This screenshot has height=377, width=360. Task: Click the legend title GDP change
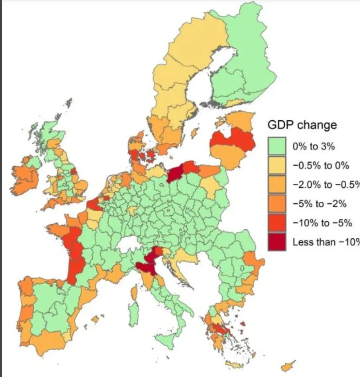click(x=302, y=125)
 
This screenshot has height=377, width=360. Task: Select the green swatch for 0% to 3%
click(x=279, y=146)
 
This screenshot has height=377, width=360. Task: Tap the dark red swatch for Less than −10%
click(x=279, y=242)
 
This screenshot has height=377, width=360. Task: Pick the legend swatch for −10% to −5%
click(x=279, y=223)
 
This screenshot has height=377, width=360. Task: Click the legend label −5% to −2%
click(x=319, y=204)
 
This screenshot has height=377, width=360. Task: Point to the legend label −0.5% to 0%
click(x=320, y=165)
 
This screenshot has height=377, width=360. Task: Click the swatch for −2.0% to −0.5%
click(x=279, y=184)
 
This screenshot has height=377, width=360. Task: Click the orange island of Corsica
click(x=134, y=293)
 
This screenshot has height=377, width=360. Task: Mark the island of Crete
click(x=234, y=364)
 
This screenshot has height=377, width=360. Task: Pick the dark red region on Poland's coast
click(x=176, y=171)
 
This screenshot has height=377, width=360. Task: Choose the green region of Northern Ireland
click(x=33, y=161)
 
